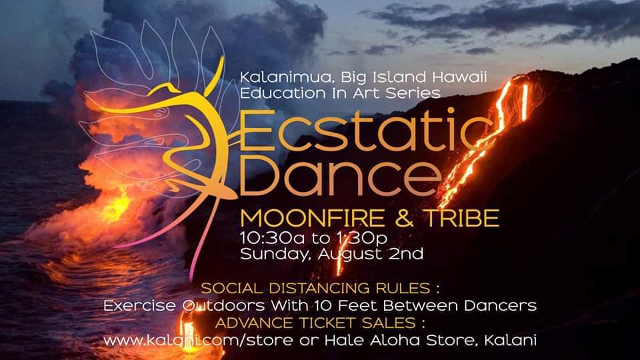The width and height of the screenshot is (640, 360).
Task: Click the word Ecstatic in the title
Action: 366,131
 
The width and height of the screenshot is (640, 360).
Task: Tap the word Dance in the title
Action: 341,178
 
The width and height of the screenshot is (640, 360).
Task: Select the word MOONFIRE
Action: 312,219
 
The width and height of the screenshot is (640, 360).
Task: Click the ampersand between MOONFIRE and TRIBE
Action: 405,219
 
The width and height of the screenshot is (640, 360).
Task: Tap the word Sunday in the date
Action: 276,255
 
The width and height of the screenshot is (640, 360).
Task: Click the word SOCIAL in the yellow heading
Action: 232,289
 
